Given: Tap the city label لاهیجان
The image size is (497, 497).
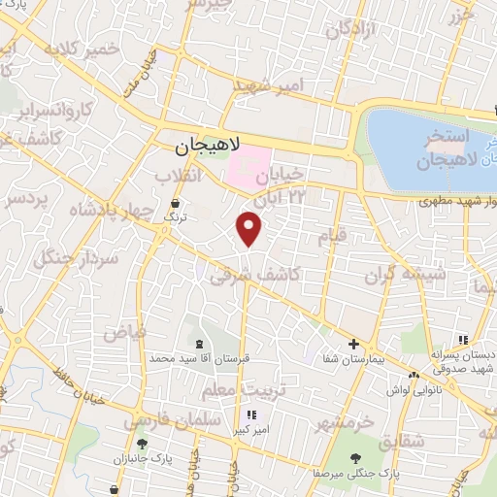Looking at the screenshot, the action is (207, 149).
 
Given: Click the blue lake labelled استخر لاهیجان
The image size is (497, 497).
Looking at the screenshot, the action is (427, 146).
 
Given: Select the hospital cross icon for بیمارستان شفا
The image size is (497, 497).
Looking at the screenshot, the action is (354, 344).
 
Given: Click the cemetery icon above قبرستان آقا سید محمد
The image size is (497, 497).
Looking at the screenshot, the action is (200, 344).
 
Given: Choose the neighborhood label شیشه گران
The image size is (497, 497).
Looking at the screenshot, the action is (405, 275).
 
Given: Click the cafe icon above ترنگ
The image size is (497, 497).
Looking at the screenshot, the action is (174, 204).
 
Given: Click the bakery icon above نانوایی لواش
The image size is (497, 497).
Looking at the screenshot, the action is (414, 375).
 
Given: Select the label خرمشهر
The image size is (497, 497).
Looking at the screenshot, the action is (345, 422).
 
